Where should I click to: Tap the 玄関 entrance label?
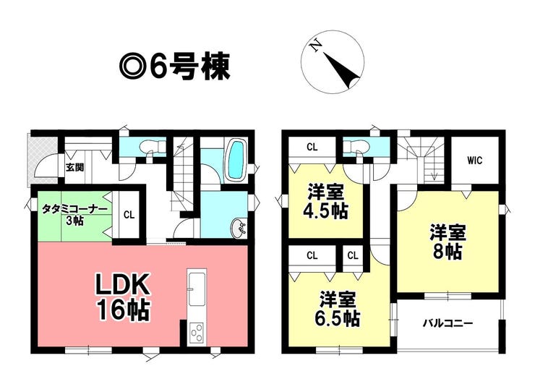[x=74, y=168]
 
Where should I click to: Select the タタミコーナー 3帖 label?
[x=74, y=215]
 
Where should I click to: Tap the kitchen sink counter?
[x=197, y=289]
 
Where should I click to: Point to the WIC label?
[x=474, y=160]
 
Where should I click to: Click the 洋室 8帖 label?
[x=448, y=242]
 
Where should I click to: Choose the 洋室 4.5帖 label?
[x=326, y=202]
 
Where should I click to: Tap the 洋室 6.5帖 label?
[x=336, y=309]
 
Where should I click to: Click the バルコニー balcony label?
[x=448, y=323]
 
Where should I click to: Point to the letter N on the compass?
[x=316, y=46]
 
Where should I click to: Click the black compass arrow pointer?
[x=342, y=71]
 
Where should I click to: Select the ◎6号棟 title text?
[x=174, y=67]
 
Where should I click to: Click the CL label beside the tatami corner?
[x=129, y=215]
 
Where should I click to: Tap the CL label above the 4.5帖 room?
[x=312, y=148]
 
